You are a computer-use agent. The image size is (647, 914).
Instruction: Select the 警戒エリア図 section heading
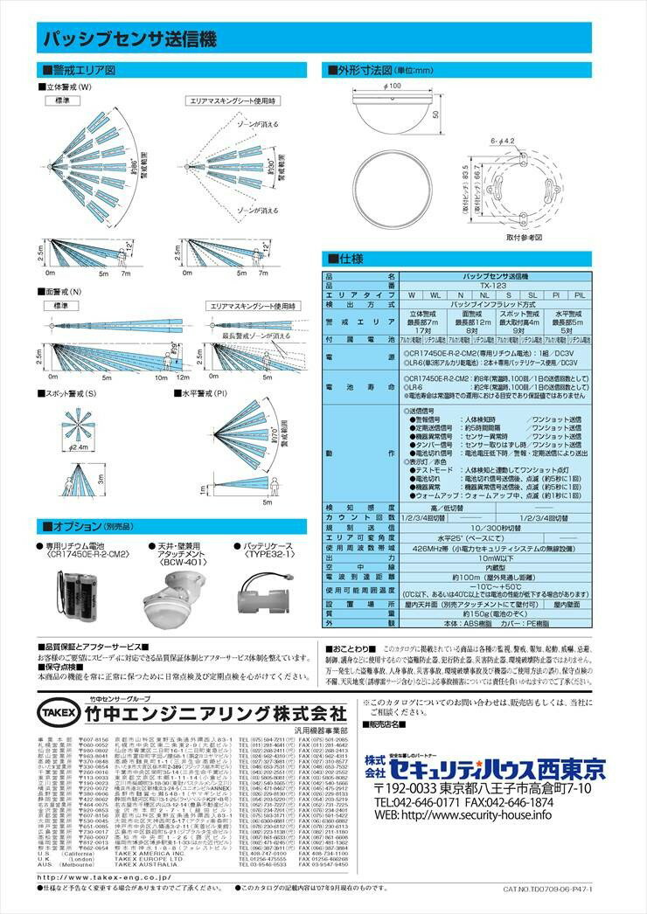click(83, 70)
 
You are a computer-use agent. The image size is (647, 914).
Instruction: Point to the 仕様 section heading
click(345, 259)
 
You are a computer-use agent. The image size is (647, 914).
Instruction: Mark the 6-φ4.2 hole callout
click(504, 138)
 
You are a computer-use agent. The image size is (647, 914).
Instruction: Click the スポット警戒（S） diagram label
click(73, 394)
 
